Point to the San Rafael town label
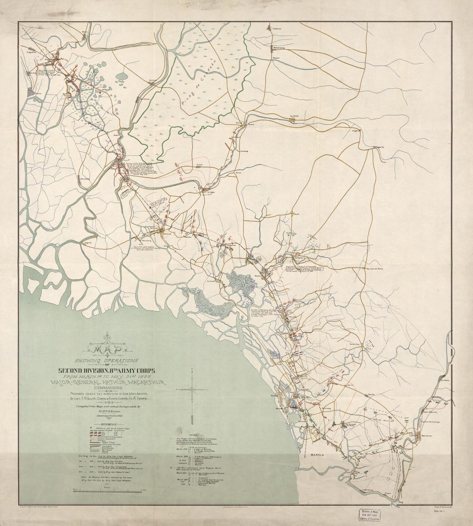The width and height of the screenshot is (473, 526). [x=294, y=116]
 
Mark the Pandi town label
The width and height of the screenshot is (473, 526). [x=296, y=213]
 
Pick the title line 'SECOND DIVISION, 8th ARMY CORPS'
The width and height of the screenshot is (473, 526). [x=108, y=370]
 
